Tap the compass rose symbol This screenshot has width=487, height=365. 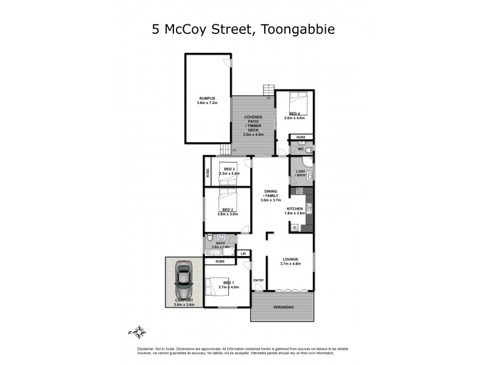click(x=139, y=332)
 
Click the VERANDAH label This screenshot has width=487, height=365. click(x=283, y=307)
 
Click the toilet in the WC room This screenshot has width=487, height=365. click(x=309, y=149)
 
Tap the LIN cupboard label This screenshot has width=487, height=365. click(x=243, y=253)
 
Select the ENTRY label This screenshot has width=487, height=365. click(x=258, y=280)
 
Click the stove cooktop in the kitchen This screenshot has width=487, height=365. click(x=299, y=192)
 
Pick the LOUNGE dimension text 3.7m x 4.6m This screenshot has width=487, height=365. click(x=290, y=263)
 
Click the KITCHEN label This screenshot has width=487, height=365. click(x=295, y=209)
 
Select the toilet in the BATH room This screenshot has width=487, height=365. click(x=209, y=237)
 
